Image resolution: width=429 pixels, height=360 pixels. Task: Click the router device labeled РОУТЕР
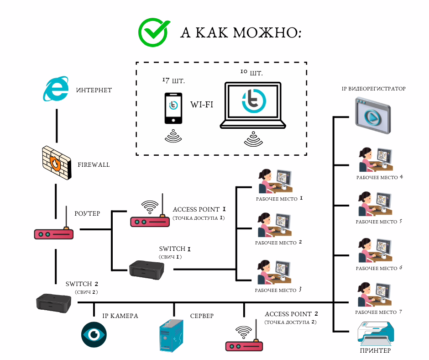[x=54, y=233]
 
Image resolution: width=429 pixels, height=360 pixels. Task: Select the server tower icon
[x=172, y=335]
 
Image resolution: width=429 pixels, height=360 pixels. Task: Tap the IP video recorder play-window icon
[x=373, y=117]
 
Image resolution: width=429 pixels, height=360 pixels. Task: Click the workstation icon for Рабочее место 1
[x=275, y=182]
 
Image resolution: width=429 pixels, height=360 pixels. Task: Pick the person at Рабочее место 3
[x=265, y=273]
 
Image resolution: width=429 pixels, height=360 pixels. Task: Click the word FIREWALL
[x=94, y=164]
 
